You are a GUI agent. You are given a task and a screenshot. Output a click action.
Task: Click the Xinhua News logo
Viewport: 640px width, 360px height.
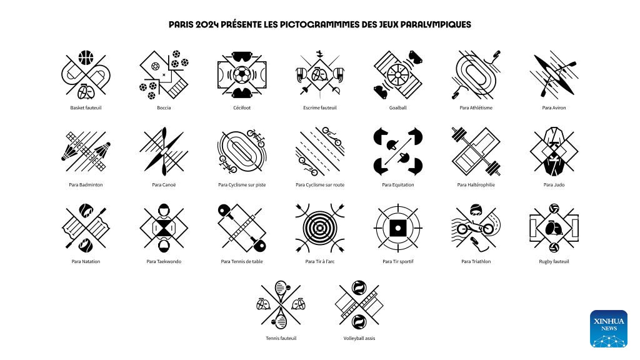(x=609, y=329)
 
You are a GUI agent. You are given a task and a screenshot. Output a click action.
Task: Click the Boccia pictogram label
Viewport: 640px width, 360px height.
(x=164, y=107)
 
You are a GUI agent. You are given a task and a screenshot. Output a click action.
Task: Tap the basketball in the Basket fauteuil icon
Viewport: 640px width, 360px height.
(x=86, y=57)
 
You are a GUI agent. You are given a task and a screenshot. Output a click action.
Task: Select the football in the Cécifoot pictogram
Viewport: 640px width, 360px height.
(x=242, y=75)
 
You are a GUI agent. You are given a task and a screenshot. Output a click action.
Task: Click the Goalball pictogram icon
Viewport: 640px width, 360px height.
(x=398, y=75)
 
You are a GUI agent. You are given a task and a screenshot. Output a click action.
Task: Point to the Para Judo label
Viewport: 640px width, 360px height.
(x=554, y=185)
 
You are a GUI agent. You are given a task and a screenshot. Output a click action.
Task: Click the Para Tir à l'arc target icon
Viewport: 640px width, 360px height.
(x=320, y=228)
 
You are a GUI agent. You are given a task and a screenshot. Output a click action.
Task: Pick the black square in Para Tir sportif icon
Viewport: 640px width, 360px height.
(x=398, y=228)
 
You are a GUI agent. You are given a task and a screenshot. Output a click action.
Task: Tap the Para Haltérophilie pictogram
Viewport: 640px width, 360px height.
(x=476, y=151)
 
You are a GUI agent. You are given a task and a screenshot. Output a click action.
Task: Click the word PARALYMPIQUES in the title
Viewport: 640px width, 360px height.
(x=436, y=25)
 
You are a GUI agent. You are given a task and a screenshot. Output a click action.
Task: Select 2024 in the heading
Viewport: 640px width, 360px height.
(x=207, y=25)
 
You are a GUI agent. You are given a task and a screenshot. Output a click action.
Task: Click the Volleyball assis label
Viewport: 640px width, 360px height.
(x=359, y=338)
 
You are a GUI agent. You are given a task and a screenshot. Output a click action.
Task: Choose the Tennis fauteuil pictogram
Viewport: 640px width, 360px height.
(x=281, y=304)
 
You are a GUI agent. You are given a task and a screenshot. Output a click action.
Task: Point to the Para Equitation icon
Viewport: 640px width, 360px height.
(x=398, y=151)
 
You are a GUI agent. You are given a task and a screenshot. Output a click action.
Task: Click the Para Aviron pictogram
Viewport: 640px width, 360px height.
(x=554, y=75)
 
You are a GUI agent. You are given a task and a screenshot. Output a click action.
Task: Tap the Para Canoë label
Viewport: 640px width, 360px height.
(x=164, y=185)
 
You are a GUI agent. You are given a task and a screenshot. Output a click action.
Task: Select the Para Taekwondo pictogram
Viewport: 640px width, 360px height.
(x=164, y=228)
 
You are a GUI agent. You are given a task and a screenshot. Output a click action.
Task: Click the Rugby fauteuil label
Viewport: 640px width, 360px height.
(x=554, y=262)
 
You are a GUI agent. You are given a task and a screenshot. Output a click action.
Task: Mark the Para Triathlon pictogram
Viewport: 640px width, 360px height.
(x=476, y=228)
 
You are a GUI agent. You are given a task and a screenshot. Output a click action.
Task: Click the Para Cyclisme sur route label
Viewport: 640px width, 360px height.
(x=320, y=185)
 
